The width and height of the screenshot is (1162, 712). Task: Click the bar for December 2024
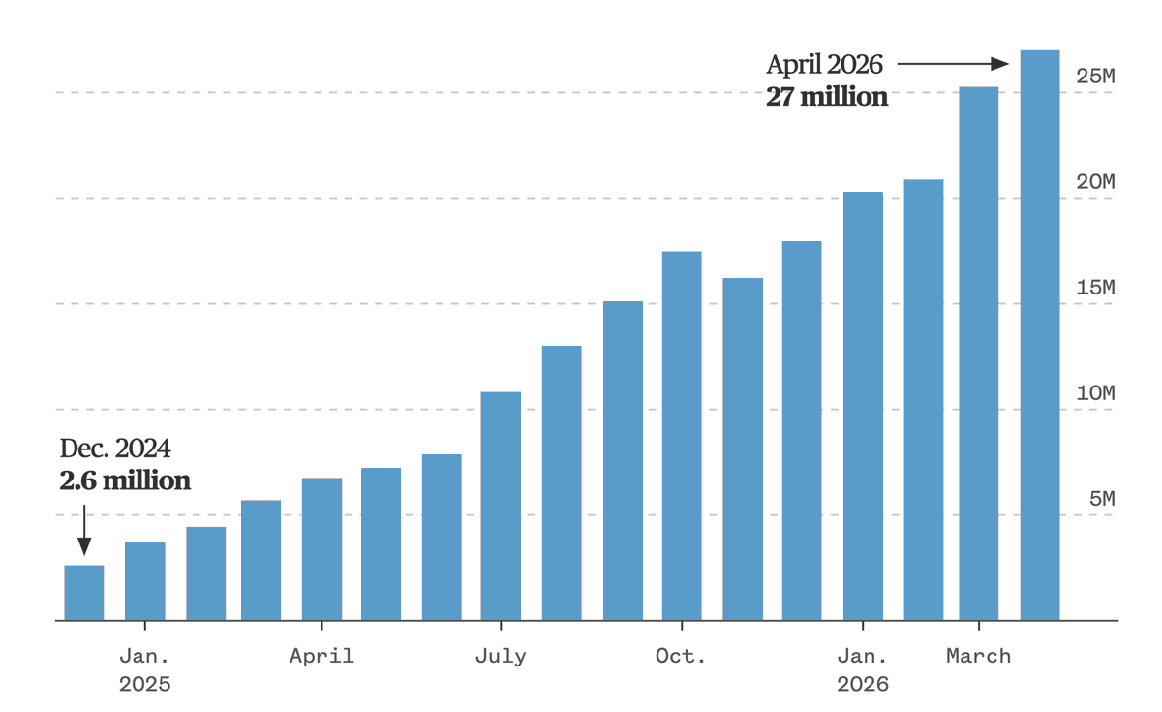tap(84, 593)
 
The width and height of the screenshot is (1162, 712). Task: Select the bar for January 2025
tap(144, 580)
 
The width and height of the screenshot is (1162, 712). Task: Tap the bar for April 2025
tap(321, 549)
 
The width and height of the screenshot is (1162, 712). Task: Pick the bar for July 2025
tap(501, 506)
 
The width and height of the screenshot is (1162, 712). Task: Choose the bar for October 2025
tap(682, 436)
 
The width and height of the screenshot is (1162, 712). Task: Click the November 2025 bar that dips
tap(743, 449)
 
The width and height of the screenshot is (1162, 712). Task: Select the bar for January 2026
tap(863, 406)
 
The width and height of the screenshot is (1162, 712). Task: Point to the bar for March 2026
tap(978, 354)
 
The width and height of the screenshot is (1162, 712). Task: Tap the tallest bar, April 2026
tap(1040, 335)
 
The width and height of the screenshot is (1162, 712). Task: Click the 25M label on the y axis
tap(1095, 77)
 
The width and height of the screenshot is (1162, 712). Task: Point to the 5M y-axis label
tap(1102, 499)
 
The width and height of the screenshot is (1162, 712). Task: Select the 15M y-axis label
tap(1095, 288)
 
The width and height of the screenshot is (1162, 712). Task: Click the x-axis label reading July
tap(501, 657)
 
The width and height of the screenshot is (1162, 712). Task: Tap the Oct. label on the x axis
tap(681, 656)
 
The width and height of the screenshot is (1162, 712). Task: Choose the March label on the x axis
tap(978, 656)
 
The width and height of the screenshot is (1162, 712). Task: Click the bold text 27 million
tap(827, 97)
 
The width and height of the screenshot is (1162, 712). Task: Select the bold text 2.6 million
tap(125, 480)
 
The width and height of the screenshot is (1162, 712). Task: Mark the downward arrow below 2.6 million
tap(84, 530)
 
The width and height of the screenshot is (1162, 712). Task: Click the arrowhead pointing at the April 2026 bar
tap(999, 64)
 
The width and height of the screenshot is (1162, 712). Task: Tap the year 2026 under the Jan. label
tap(862, 685)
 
